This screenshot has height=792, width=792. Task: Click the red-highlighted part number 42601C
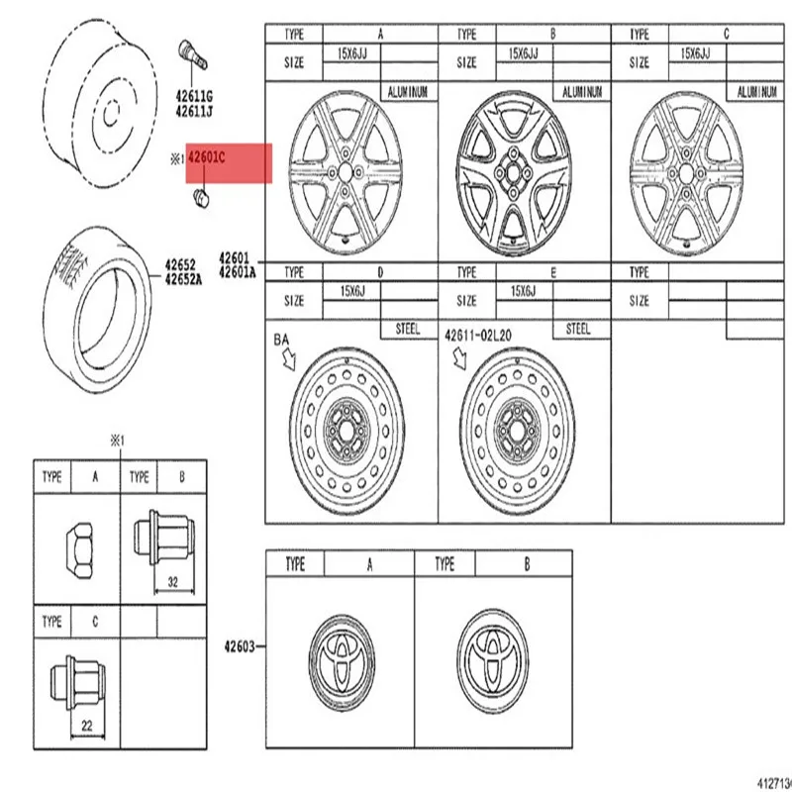(x=207, y=156)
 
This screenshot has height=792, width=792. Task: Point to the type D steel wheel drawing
(x=348, y=431)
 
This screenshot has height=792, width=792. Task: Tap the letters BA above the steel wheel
(x=282, y=339)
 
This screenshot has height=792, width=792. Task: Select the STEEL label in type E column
(x=578, y=329)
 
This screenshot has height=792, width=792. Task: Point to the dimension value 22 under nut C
(x=86, y=727)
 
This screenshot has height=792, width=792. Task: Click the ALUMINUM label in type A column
(x=409, y=90)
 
